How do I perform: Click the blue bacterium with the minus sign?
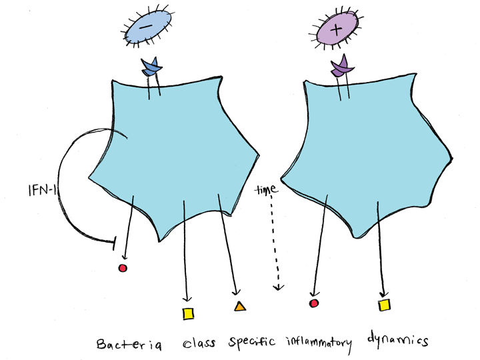click(148, 31)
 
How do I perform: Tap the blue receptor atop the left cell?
click(152, 67)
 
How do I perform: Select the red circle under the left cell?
click(122, 268)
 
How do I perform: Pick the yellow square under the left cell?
click(188, 313)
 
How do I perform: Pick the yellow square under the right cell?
click(384, 305)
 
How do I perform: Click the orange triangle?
click(239, 307)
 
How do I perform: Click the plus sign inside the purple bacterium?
click(336, 30)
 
